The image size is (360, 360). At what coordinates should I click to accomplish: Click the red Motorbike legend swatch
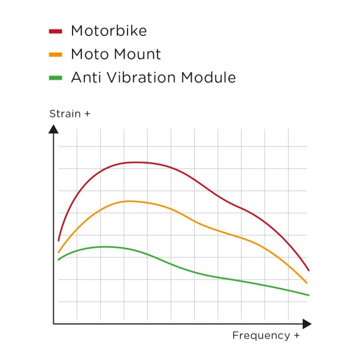coord(55,31)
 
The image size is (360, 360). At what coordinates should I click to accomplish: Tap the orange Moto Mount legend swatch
coord(55,54)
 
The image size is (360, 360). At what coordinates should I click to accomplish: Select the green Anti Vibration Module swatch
coord(55,77)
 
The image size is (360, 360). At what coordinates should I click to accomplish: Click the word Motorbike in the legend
coord(109,31)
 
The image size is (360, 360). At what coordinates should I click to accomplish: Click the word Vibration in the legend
coord(137,77)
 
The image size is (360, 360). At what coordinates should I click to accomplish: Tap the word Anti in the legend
coord(84,77)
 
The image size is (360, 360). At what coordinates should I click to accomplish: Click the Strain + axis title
coord(70,113)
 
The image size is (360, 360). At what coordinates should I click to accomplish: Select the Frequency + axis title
coord(261,335)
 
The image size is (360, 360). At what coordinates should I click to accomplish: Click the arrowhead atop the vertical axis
coord(53,129)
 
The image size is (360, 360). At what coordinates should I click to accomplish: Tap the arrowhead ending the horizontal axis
coord(306,323)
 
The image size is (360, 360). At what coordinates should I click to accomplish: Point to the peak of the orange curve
coord(129,201)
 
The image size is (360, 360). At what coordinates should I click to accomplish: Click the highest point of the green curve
coord(105,247)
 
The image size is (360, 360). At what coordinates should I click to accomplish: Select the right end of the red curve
coord(309,270)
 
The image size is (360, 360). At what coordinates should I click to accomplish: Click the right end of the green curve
coord(309,295)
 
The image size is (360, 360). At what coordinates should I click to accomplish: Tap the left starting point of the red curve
coord(58,240)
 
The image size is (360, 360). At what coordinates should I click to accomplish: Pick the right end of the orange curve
coord(307,283)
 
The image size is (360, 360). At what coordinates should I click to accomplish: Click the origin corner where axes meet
coord(54,323)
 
